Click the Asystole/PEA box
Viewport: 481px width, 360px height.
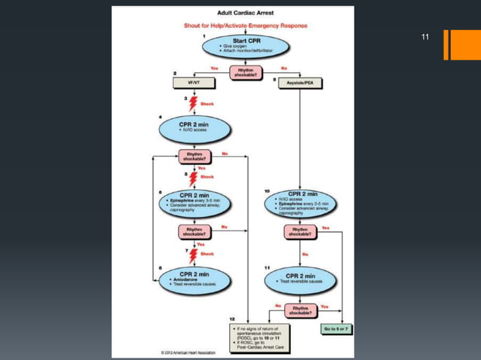click(301, 83)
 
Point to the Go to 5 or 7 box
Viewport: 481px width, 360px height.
click(338, 329)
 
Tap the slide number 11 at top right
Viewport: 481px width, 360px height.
click(425, 37)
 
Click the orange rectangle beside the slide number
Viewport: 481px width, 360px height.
click(457, 44)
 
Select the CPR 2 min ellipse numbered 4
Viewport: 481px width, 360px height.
click(193, 129)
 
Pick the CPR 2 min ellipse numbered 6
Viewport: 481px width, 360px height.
click(194, 202)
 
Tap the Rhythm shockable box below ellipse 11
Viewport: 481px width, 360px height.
click(300, 310)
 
